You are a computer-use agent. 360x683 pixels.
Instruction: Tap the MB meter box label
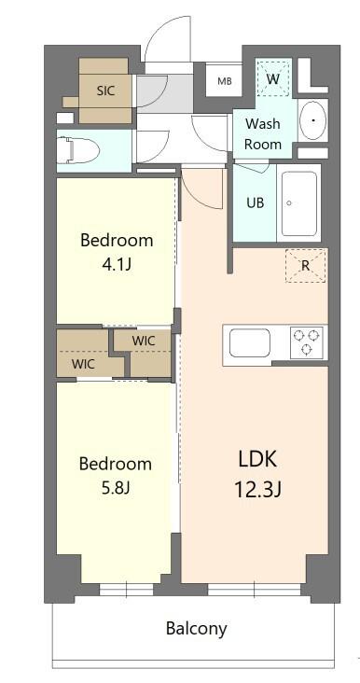[x=225, y=81]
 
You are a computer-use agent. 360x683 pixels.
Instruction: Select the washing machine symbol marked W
[x=273, y=78]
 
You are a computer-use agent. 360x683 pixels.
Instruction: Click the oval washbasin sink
[x=312, y=120]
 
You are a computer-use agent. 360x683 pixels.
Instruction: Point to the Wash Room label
[x=263, y=133]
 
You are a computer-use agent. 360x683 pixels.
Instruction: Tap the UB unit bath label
[x=255, y=202]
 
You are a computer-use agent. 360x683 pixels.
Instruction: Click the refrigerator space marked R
[x=305, y=265]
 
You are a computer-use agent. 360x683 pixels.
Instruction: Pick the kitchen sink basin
[x=249, y=343]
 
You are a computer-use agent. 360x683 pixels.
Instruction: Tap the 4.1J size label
[x=117, y=264]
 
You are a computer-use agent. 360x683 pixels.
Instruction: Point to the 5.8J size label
[x=116, y=487]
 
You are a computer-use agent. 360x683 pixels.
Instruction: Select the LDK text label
[x=258, y=459]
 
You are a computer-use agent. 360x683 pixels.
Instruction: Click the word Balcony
[x=196, y=628]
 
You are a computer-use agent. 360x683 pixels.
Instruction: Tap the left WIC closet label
[x=84, y=364]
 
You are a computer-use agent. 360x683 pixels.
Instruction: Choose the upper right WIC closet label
[x=144, y=341]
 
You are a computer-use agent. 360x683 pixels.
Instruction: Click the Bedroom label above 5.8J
[x=115, y=464]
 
